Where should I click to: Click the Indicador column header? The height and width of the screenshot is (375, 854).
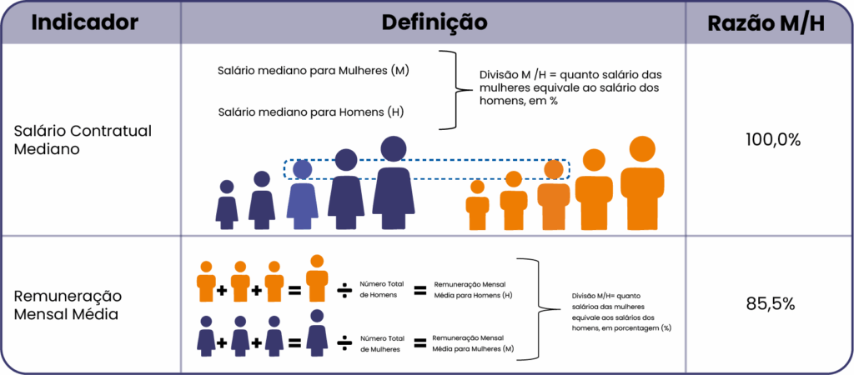click(84, 22)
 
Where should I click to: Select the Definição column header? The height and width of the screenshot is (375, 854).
click(434, 22)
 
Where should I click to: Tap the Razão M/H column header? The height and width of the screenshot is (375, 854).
click(766, 24)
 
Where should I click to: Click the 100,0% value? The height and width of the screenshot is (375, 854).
click(772, 139)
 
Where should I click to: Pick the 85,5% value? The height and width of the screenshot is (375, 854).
click(768, 304)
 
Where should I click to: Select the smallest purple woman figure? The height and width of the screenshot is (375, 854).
click(227, 205)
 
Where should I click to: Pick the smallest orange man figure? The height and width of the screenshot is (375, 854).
click(477, 207)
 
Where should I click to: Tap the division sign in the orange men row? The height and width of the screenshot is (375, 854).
click(343, 289)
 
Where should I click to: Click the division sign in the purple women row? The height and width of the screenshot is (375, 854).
click(343, 342)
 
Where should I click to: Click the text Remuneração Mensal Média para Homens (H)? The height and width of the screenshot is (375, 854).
click(472, 290)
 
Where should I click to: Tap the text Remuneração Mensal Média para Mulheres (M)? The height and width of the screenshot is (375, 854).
click(472, 343)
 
